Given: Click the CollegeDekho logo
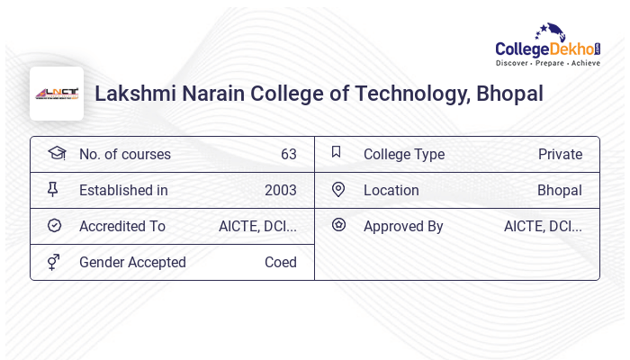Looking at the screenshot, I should [x=548, y=45].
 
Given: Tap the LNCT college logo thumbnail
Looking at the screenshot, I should [x=57, y=94].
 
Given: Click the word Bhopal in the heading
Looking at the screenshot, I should [x=509, y=94].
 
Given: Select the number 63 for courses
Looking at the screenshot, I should [x=288, y=154].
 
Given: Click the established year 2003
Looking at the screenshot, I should [x=280, y=190].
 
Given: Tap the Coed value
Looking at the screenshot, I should [x=280, y=262].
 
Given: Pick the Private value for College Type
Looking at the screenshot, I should [x=560, y=154].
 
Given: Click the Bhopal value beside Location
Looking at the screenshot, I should [x=559, y=190].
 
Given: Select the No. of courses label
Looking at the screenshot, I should [x=124, y=154].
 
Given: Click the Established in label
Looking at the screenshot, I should [x=123, y=190].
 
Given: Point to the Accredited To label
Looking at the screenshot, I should [x=122, y=226].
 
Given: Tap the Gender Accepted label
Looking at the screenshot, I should [x=132, y=262].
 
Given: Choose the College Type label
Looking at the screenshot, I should [x=403, y=154].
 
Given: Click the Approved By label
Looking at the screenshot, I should [x=403, y=226].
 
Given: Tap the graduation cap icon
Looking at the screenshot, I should [x=56, y=153].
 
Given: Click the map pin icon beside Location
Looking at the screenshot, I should [x=338, y=189].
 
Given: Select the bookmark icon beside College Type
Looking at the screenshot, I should [x=336, y=152].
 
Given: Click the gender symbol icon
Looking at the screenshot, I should [x=54, y=262].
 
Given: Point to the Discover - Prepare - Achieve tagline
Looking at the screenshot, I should [x=548, y=63].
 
